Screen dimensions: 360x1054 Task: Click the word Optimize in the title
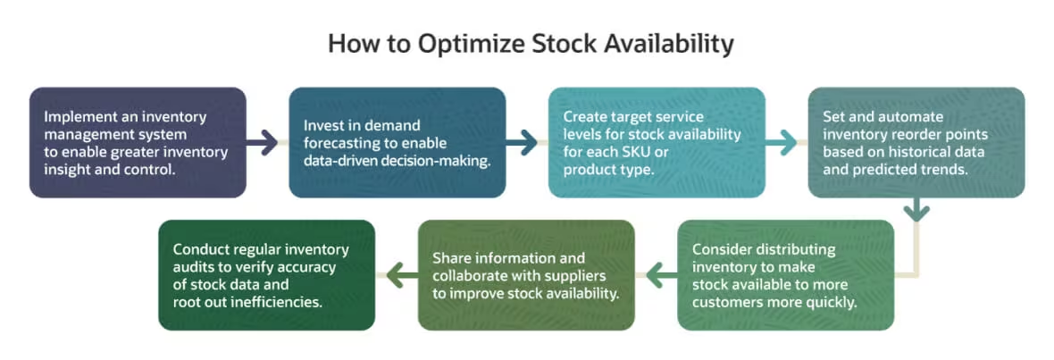click(x=446, y=44)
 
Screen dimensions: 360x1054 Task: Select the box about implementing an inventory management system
click(x=138, y=142)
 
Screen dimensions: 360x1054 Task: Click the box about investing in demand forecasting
click(x=397, y=142)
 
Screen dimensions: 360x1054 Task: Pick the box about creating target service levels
click(x=657, y=142)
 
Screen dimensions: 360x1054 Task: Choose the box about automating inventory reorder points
click(x=916, y=142)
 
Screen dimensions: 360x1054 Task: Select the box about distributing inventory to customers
click(x=786, y=275)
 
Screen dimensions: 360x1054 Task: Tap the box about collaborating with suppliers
click(x=526, y=275)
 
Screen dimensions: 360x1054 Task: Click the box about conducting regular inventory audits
click(x=266, y=275)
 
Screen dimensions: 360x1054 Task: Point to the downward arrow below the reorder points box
click(x=916, y=211)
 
